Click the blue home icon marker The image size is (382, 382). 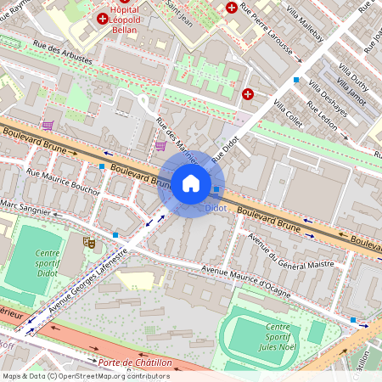[x=191, y=183]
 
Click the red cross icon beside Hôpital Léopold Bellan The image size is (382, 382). [x=103, y=18]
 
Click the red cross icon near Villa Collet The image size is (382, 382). [x=248, y=94]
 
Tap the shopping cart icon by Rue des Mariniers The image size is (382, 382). [x=160, y=146]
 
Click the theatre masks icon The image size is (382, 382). [x=87, y=242]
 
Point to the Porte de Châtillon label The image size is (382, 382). [x=135, y=362]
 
